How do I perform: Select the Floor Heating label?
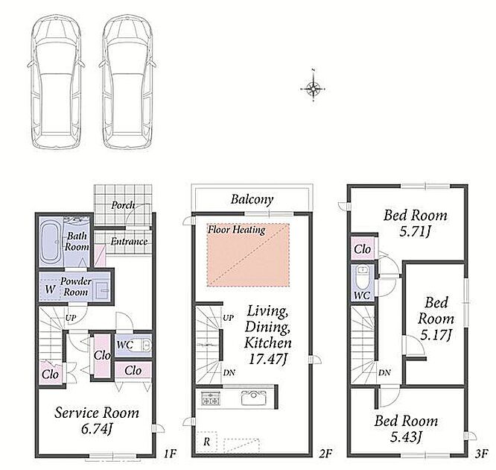[237, 230]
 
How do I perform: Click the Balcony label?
[252, 199]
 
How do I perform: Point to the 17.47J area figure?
[267, 359]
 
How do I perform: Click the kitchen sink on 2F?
[254, 398]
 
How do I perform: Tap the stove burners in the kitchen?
[210, 398]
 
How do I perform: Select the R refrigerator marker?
[206, 442]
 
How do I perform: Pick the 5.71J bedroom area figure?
[415, 232]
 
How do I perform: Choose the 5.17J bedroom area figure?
[435, 335]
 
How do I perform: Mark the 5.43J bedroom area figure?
[406, 437]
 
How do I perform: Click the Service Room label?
[97, 413]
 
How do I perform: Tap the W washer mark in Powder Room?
[50, 289]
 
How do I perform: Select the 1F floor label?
[170, 454]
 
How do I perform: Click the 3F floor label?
[481, 454]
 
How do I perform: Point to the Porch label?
[123, 206]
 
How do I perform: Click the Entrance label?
[129, 242]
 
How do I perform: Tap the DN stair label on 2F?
[229, 373]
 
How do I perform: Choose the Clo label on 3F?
[362, 249]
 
